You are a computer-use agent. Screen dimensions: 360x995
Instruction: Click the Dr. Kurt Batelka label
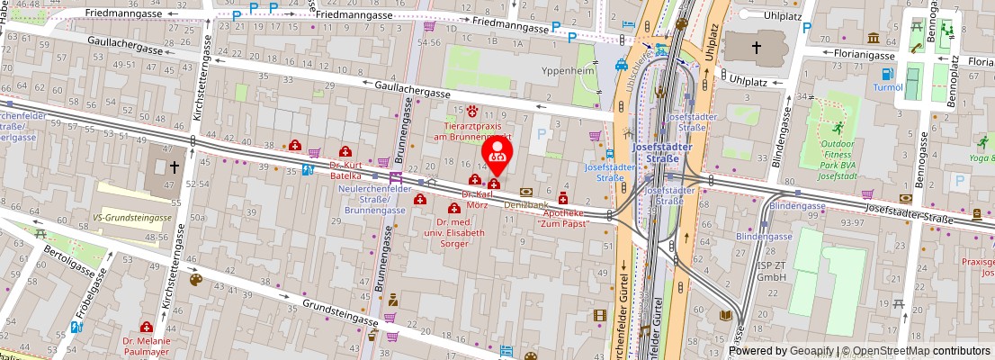pyautogui.click(x=345, y=170)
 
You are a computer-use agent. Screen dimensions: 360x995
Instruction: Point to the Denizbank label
pyautogui.click(x=526, y=205)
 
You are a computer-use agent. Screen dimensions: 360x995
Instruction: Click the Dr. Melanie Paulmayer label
pyautogui.click(x=146, y=346)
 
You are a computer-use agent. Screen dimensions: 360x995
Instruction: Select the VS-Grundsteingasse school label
pyautogui.click(x=132, y=218)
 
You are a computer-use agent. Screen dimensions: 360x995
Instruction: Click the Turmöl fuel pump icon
pyautogui.click(x=888, y=74)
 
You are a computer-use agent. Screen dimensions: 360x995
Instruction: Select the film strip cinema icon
pyautogui.click(x=600, y=316)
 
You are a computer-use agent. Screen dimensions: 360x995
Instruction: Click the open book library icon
pyautogui.click(x=725, y=316)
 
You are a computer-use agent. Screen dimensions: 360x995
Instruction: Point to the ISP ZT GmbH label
pyautogui.click(x=772, y=271)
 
